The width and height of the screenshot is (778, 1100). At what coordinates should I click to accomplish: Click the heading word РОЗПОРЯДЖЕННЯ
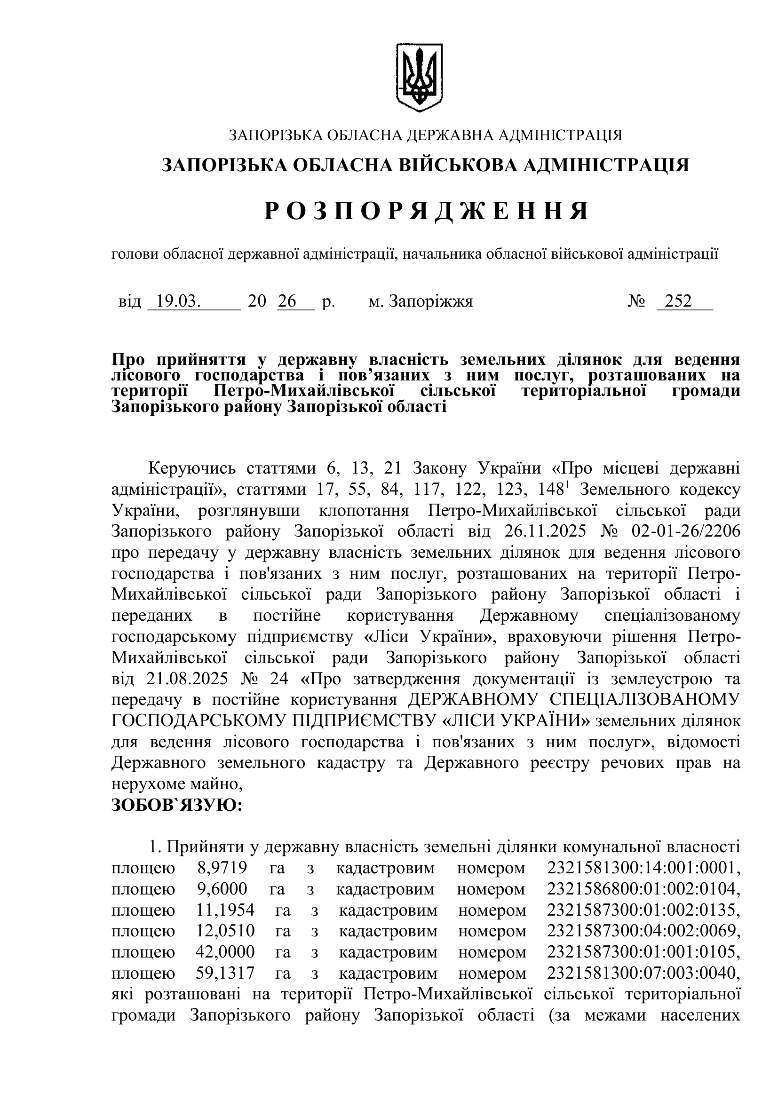[426, 211]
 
